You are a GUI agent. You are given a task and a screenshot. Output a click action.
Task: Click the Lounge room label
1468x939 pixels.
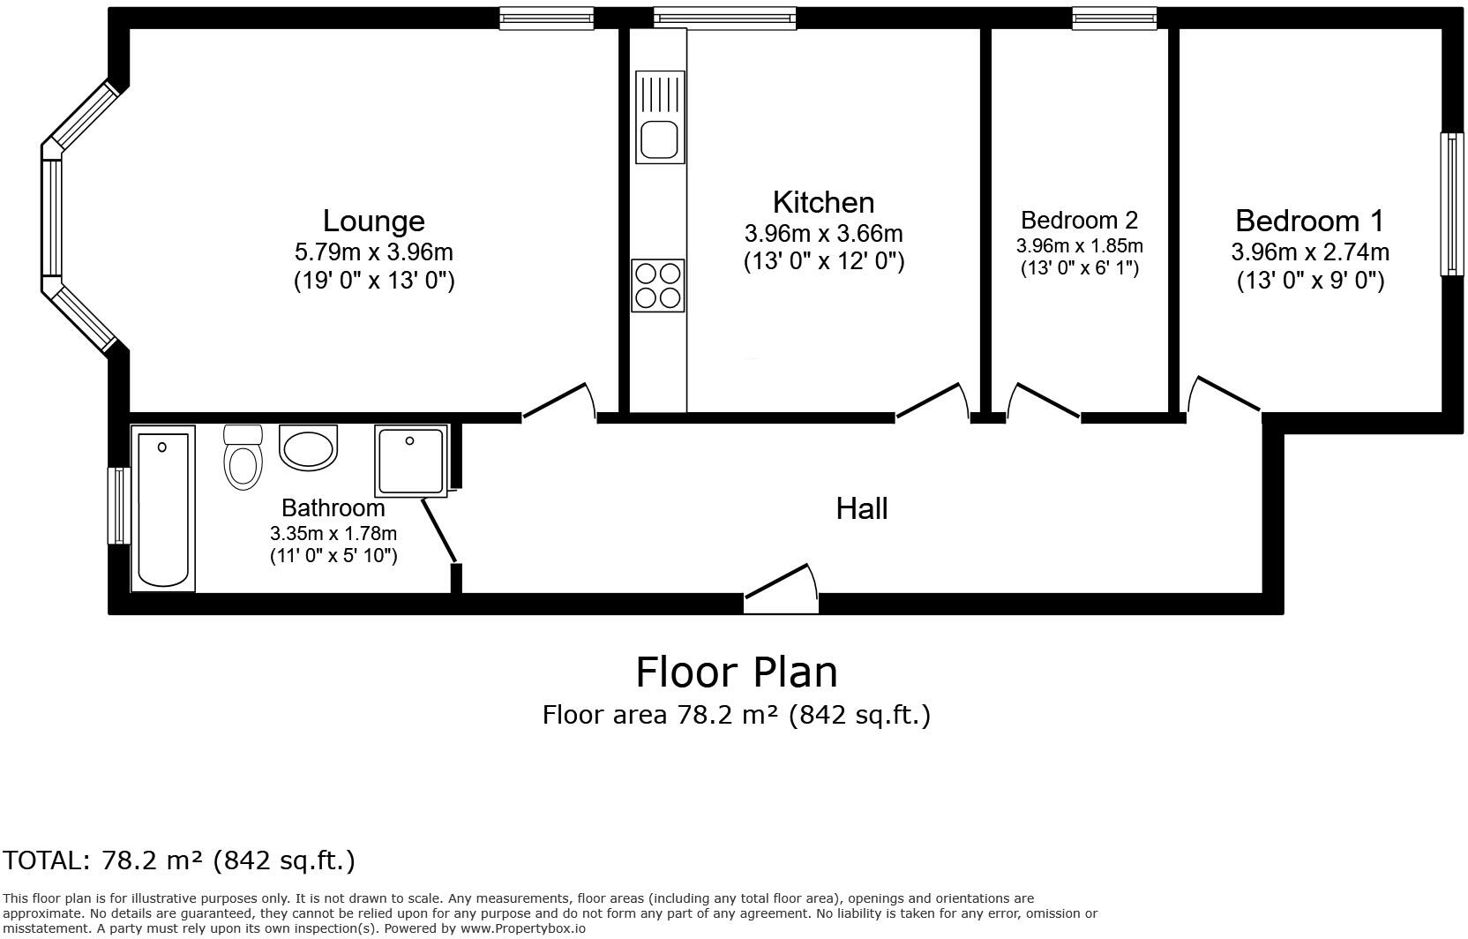click(x=373, y=221)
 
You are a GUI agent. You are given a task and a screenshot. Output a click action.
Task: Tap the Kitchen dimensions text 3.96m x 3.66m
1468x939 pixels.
click(x=823, y=234)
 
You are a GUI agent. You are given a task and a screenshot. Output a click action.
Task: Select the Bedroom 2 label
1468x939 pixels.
click(x=1079, y=220)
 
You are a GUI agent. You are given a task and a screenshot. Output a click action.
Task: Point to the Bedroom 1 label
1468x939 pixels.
click(x=1309, y=221)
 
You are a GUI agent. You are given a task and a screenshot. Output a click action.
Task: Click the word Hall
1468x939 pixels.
click(x=861, y=508)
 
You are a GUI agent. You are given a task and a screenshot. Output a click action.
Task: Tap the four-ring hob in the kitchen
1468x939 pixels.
click(x=658, y=285)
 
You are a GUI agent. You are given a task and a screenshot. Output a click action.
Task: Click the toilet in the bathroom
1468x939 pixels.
click(x=243, y=458)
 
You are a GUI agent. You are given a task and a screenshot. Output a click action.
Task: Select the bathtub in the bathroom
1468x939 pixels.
click(x=163, y=508)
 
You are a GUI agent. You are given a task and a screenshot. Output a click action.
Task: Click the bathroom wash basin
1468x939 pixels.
click(x=309, y=446)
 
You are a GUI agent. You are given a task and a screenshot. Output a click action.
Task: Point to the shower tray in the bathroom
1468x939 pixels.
click(x=410, y=460)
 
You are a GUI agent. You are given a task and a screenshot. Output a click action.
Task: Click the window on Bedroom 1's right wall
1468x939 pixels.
click(x=1450, y=204)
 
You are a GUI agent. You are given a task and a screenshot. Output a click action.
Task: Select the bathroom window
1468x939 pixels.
click(x=118, y=506)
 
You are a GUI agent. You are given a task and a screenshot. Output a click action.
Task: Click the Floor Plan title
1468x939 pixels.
click(x=736, y=672)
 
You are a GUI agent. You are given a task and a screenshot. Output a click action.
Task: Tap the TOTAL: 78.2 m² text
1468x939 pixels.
click(x=179, y=860)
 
